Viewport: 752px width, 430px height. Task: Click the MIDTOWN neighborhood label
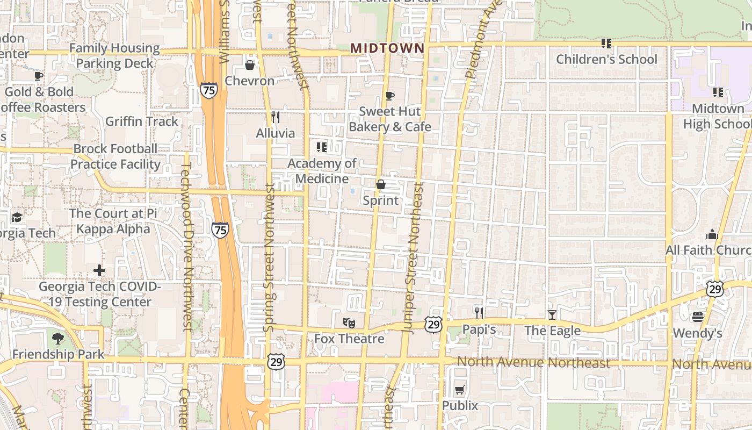[x=387, y=48]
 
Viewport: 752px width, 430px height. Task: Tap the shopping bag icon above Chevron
[x=250, y=65]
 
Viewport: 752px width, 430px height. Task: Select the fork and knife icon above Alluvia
[x=276, y=117]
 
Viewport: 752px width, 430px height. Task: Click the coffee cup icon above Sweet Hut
[x=390, y=96]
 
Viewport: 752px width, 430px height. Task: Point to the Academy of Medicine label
[x=322, y=171]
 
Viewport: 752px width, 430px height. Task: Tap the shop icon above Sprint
[x=381, y=184]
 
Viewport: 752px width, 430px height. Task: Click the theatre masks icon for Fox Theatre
[x=349, y=323]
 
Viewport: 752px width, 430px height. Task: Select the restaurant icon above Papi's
[x=479, y=313]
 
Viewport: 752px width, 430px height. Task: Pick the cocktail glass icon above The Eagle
[x=552, y=314]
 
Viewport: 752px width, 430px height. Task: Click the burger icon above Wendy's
[x=698, y=317]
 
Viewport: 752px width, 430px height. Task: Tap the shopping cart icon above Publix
[x=460, y=390]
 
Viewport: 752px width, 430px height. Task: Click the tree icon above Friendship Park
[x=58, y=339]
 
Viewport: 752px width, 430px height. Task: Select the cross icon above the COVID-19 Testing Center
[x=99, y=270]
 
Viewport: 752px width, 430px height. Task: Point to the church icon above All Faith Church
[x=712, y=234]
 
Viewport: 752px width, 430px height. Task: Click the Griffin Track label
[x=141, y=121]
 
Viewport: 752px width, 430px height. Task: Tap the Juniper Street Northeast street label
[x=413, y=258]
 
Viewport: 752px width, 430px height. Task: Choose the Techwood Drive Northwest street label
[x=186, y=247]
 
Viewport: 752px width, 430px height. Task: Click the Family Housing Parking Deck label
[x=114, y=56]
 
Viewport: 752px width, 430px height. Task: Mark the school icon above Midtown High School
[x=718, y=92]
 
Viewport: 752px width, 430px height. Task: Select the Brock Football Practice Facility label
[x=115, y=156]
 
